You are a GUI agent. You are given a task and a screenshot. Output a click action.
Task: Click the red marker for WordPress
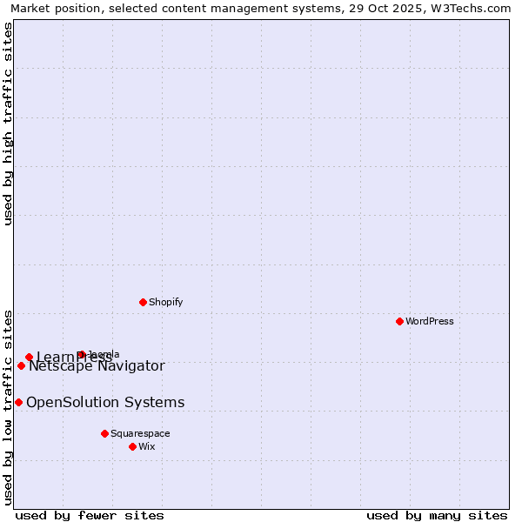click(x=399, y=321)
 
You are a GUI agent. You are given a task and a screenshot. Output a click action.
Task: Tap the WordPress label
click(x=430, y=321)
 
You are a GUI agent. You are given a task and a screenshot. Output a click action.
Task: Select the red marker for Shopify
click(x=143, y=302)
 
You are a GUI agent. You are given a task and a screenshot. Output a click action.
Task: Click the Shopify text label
click(x=165, y=302)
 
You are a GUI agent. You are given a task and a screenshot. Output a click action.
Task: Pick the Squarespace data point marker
click(x=104, y=433)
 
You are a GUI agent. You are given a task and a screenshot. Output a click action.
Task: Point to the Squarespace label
click(x=140, y=433)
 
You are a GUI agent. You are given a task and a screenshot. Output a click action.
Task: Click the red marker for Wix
click(x=132, y=446)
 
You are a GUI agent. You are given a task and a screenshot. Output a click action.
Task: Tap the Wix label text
click(x=146, y=446)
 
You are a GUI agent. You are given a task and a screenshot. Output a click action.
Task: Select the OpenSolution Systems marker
click(x=18, y=402)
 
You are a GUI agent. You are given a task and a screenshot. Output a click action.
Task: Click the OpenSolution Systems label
click(x=105, y=402)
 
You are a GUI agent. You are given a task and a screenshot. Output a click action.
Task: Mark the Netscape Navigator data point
click(x=21, y=365)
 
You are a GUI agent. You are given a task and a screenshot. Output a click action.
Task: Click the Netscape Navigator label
click(x=97, y=366)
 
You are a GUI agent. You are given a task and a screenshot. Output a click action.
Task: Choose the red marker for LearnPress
click(x=29, y=357)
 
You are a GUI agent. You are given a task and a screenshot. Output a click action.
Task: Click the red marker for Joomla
click(x=81, y=354)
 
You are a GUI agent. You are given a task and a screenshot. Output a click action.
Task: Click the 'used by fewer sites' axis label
click(x=90, y=515)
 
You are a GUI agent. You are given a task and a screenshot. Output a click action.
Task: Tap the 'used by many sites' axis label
click(x=437, y=515)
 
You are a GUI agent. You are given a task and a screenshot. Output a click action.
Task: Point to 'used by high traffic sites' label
click(x=8, y=124)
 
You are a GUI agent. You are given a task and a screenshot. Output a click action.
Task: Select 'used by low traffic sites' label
click(x=8, y=406)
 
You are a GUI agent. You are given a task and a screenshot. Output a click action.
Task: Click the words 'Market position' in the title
click(x=51, y=8)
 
